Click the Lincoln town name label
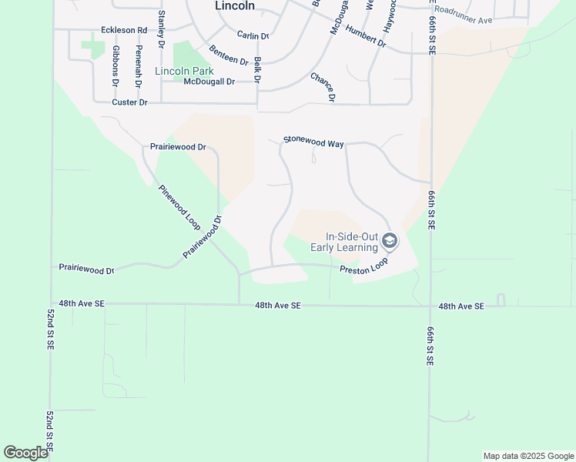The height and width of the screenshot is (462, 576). [234, 5]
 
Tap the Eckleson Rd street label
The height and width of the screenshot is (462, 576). [123, 30]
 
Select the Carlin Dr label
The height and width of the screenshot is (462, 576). [253, 35]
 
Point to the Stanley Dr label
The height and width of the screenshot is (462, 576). [161, 29]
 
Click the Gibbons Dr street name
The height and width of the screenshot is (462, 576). [116, 65]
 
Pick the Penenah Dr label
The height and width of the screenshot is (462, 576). [139, 65]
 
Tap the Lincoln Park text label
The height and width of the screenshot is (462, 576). [184, 71]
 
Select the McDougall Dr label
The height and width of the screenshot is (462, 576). [209, 82]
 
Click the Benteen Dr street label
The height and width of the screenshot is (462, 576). [229, 55]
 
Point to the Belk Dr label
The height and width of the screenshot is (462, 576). [257, 70]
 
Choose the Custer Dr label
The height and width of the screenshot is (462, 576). [129, 102]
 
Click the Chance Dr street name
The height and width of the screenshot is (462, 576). [322, 87]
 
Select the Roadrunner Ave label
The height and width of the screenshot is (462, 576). [462, 20]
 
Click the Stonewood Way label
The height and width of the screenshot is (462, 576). [313, 142]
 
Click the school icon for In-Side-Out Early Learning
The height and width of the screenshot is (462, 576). [390, 242]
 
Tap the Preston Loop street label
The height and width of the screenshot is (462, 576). [364, 266]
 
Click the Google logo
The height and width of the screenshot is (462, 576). [26, 453]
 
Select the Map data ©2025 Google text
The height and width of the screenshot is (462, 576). [527, 456]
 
